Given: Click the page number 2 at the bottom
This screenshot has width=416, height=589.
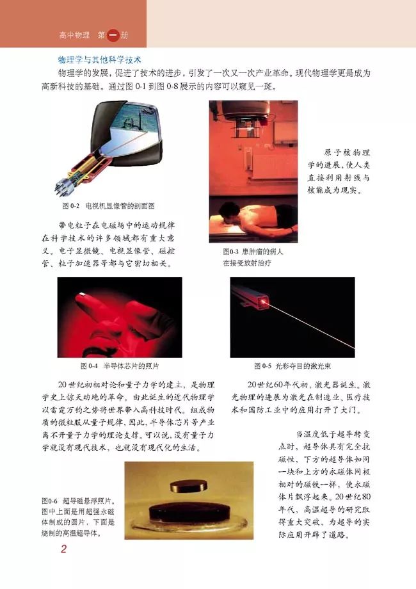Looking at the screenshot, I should coord(64,549).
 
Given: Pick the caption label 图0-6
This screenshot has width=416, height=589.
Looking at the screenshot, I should coord(50,501).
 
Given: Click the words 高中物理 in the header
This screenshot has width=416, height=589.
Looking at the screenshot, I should coord(74,35).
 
